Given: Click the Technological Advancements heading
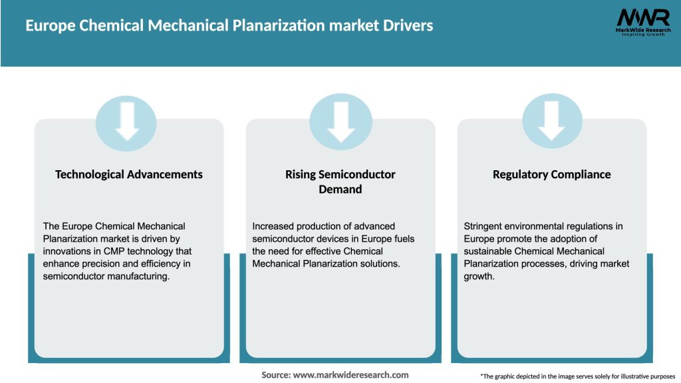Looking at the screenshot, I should [129, 174].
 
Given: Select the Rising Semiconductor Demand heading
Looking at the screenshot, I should [340, 182].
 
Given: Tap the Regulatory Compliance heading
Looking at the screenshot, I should [551, 174].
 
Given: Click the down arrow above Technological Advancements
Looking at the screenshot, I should [126, 120].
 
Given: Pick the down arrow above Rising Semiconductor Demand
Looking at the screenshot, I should [341, 120].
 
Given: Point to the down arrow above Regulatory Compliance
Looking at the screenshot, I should [551, 120].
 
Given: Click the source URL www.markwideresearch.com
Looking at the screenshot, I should [350, 375].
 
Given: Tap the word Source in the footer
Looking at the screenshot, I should [275, 375].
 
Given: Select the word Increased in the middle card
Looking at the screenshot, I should [274, 227].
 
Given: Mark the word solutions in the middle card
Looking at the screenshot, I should [376, 264].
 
